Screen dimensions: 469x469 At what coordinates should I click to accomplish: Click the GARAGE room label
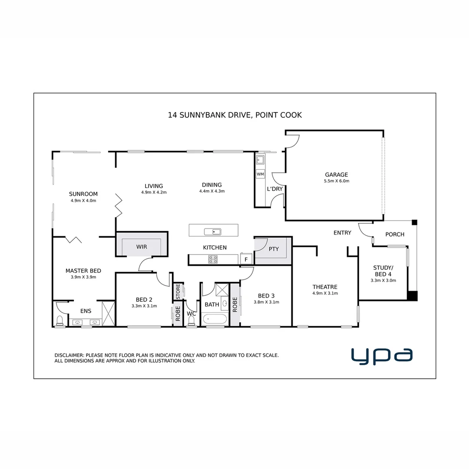[x=337, y=175]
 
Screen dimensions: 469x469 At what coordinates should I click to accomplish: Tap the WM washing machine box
[x=260, y=174]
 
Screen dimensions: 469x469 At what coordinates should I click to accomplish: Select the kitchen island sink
[x=213, y=231]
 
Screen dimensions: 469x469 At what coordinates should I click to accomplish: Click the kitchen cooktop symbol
[x=213, y=259]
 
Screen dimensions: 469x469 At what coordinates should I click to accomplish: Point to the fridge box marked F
[x=246, y=259]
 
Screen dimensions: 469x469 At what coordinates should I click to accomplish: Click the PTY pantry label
[x=274, y=249]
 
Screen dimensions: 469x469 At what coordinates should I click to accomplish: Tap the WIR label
[x=142, y=247]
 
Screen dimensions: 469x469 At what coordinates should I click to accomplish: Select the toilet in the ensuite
[x=60, y=320]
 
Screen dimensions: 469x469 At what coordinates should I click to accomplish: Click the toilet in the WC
[x=191, y=320]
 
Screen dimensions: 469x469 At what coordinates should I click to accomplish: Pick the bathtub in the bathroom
[x=215, y=320]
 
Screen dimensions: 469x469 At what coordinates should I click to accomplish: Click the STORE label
[x=178, y=291]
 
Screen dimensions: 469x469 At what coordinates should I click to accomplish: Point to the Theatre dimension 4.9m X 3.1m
[x=325, y=293]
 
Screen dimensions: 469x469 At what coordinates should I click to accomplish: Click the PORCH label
[x=395, y=234]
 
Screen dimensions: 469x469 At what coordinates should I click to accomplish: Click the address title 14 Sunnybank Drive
[x=234, y=115]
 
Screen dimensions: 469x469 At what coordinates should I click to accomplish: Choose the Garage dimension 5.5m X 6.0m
[x=337, y=181]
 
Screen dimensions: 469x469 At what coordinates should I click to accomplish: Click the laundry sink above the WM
[x=260, y=159]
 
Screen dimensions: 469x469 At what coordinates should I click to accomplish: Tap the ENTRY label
[x=342, y=233]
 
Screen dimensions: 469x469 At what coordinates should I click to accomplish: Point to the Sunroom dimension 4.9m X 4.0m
[x=83, y=201]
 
